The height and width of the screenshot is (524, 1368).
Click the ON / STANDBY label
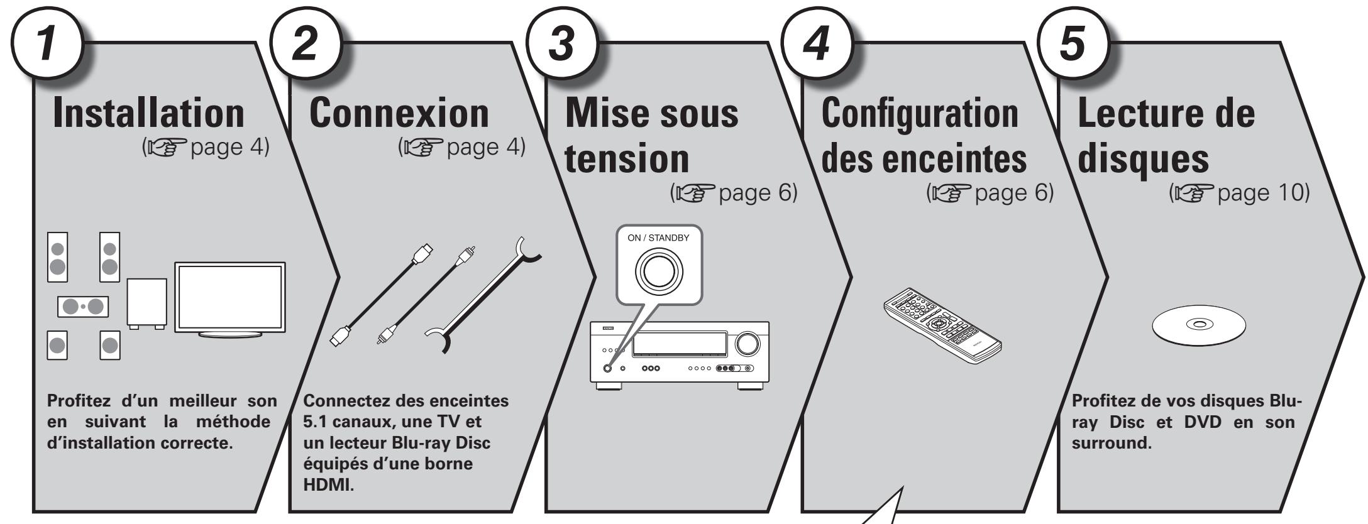pyautogui.click(x=657, y=238)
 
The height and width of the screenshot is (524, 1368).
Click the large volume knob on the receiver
pyautogui.click(x=747, y=342)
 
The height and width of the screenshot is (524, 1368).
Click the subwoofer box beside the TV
pyautogui.click(x=146, y=302)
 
